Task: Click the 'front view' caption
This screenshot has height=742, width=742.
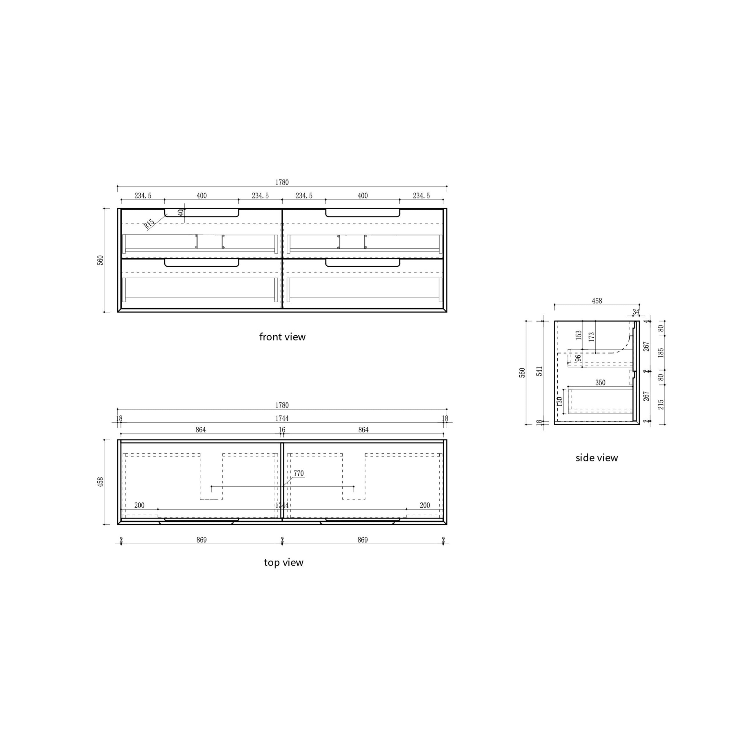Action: pyautogui.click(x=282, y=337)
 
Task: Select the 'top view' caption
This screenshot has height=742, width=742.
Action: pyautogui.click(x=283, y=562)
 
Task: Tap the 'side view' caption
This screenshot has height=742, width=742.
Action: pyautogui.click(x=596, y=457)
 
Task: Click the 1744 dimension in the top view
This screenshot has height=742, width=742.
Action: pyautogui.click(x=282, y=418)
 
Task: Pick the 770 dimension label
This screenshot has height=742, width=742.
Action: pyautogui.click(x=299, y=474)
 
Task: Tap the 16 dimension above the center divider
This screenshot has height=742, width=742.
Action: pyautogui.click(x=282, y=430)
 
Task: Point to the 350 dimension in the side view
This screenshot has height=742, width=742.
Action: pyautogui.click(x=600, y=383)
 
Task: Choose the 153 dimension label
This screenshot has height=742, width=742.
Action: pyautogui.click(x=579, y=335)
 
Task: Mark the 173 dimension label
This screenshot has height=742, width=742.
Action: pyautogui.click(x=592, y=337)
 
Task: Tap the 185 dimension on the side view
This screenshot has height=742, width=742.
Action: pyautogui.click(x=661, y=352)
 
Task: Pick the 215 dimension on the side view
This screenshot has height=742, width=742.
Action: pyautogui.click(x=661, y=404)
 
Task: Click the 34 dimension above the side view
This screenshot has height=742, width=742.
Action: pyautogui.click(x=636, y=312)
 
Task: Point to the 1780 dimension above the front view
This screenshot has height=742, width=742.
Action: pyautogui.click(x=282, y=182)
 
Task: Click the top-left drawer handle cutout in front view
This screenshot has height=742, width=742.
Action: pyautogui.click(x=202, y=213)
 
